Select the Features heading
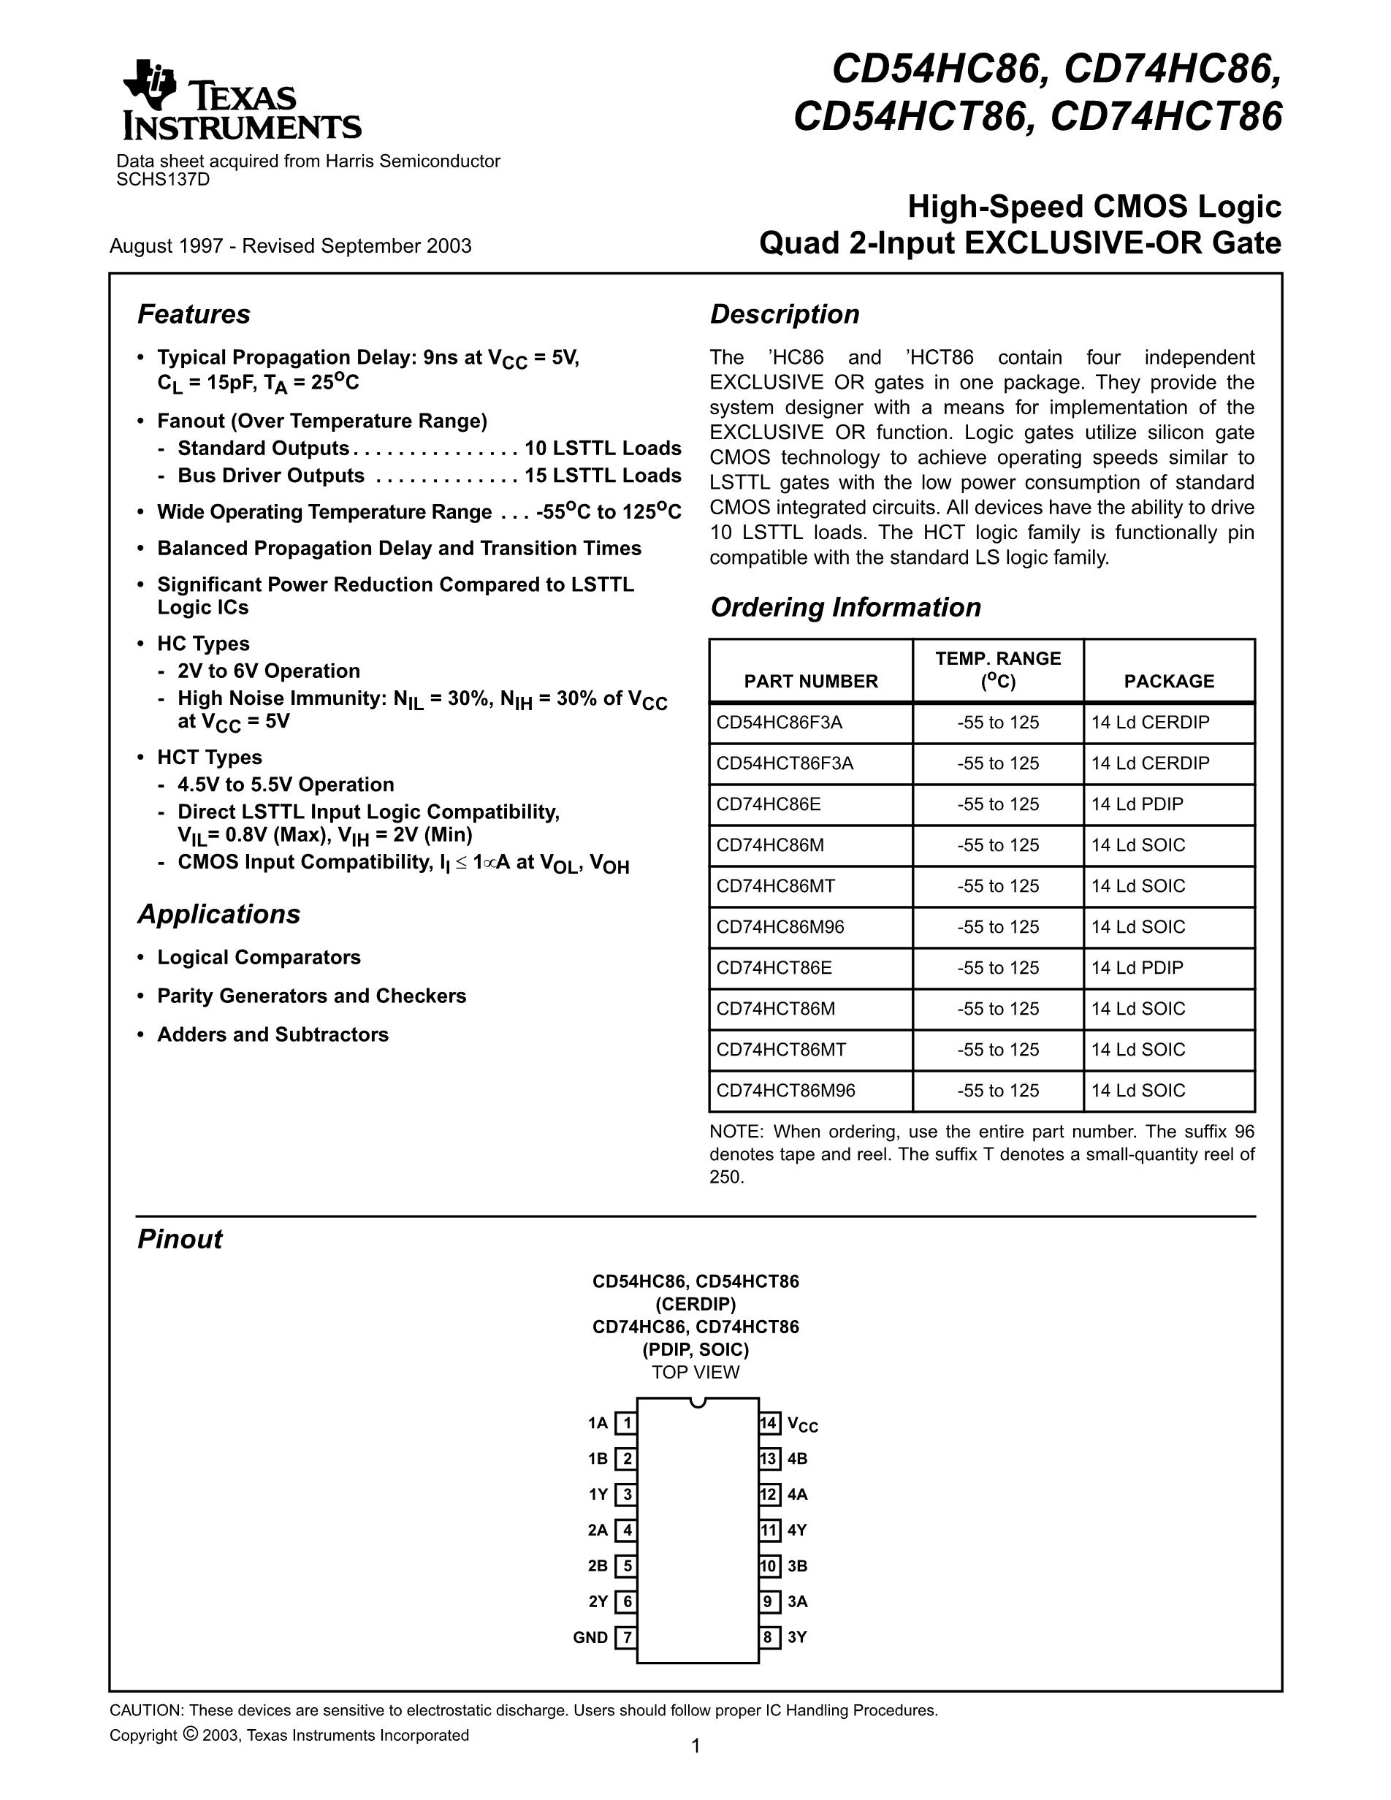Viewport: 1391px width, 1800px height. point(194,314)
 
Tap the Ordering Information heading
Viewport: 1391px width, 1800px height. point(845,606)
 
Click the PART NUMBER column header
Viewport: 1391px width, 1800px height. point(811,681)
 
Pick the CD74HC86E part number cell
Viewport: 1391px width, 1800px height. point(768,804)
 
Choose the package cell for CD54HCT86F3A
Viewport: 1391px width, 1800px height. point(1151,763)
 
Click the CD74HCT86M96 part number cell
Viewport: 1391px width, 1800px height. point(785,1091)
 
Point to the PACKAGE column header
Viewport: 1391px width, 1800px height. point(1168,681)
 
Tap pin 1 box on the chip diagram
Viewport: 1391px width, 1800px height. point(626,1423)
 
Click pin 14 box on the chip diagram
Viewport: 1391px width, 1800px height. point(769,1423)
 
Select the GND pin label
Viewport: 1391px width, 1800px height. point(590,1638)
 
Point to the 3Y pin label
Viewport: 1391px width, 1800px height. point(797,1638)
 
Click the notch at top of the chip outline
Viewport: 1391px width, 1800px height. point(698,1401)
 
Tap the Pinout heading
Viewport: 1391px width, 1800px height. point(180,1239)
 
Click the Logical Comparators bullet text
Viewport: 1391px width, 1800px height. point(259,957)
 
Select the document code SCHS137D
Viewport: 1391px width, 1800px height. point(163,180)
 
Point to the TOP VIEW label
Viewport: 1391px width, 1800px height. point(695,1372)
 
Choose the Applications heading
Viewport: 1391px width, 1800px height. point(218,914)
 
